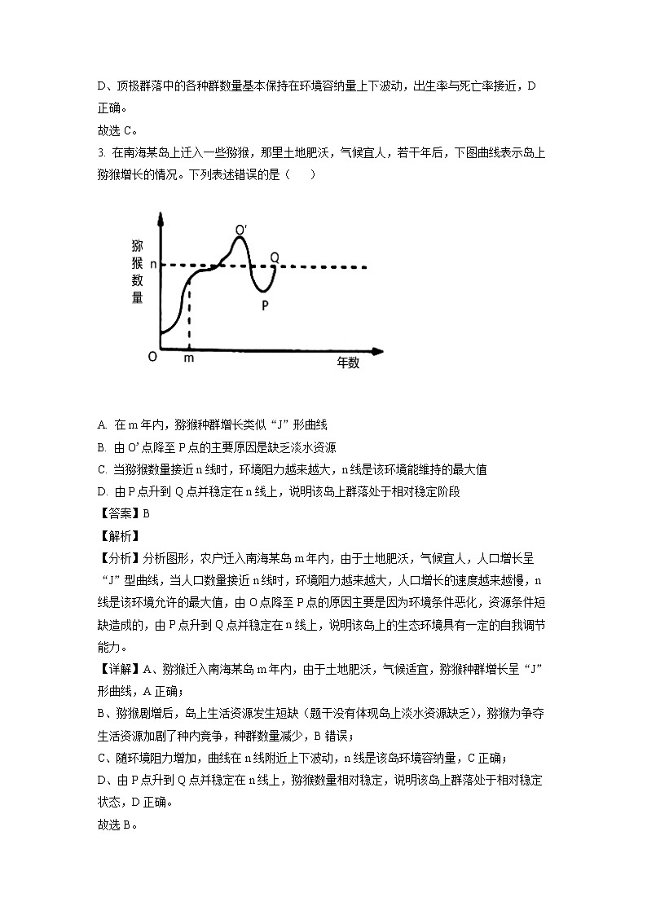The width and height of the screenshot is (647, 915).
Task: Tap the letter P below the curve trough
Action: (265, 306)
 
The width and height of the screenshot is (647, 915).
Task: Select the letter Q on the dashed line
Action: (275, 257)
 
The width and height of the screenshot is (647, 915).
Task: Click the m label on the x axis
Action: (189, 358)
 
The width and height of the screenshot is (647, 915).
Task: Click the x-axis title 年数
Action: (348, 364)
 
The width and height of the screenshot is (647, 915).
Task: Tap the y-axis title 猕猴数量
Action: (138, 272)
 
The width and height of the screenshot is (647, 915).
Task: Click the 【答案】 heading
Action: (118, 513)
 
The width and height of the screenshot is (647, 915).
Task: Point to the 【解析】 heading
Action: (118, 535)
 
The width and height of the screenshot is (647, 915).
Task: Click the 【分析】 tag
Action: (118, 558)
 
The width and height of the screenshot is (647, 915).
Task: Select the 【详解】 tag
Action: (118, 670)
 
